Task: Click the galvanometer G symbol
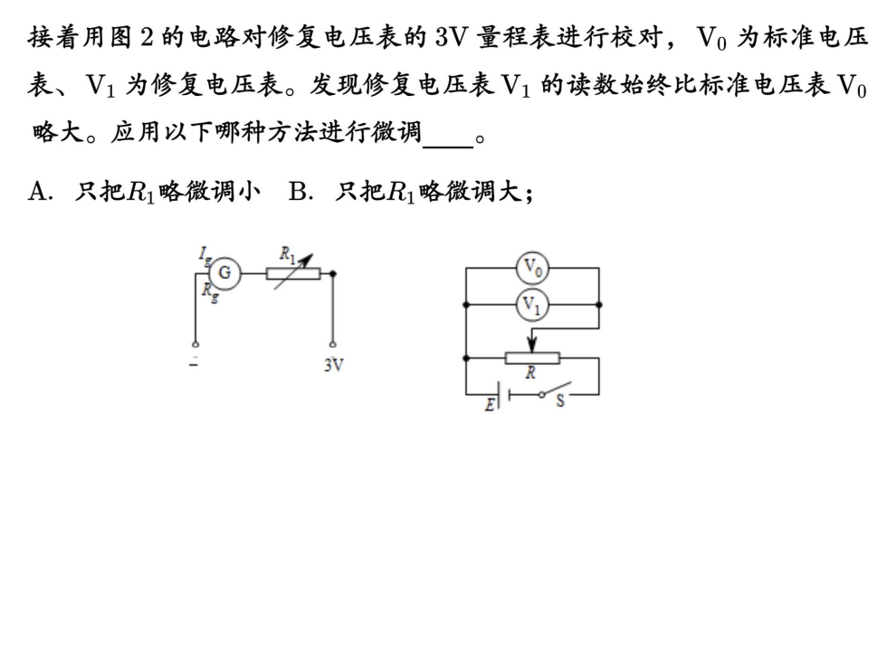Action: pos(225,271)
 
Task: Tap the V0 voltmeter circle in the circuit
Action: pos(531,269)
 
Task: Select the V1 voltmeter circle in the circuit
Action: pos(531,306)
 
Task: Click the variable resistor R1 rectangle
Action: pos(292,272)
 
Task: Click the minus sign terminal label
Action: pos(193,361)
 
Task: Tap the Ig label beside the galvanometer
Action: pos(205,255)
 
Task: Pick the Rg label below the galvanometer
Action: pos(209,291)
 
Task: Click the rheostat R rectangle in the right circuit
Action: pos(531,357)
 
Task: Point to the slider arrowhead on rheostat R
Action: pos(531,345)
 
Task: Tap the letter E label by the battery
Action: pos(489,404)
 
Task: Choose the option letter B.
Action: pos(297,191)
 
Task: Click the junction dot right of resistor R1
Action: pos(333,272)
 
